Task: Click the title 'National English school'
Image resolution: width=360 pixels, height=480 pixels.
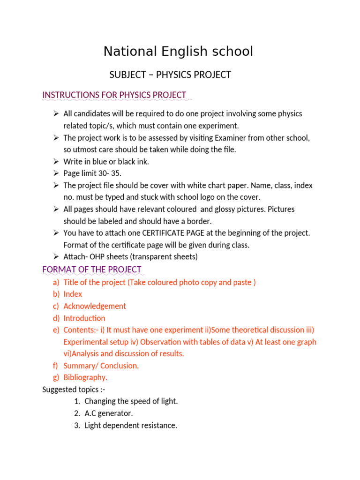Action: tap(178, 51)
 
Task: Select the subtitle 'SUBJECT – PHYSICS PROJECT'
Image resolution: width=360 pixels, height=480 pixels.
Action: tap(170, 75)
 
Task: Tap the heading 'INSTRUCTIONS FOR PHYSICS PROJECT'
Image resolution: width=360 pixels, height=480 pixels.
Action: tap(114, 95)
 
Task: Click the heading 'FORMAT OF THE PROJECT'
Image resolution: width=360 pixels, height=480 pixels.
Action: tap(92, 270)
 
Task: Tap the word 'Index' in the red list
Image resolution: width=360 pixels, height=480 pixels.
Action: tap(73, 294)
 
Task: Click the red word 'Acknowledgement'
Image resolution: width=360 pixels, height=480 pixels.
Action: tap(95, 306)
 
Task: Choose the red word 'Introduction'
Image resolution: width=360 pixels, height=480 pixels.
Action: tap(84, 318)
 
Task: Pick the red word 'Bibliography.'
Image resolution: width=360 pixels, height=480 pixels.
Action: tap(85, 377)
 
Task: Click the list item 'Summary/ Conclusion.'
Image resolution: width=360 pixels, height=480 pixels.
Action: tap(101, 366)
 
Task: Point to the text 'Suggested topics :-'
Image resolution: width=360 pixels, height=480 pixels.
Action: tap(71, 390)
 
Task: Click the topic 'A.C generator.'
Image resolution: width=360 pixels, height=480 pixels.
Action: tap(109, 413)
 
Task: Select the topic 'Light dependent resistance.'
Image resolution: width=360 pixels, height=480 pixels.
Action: tap(131, 426)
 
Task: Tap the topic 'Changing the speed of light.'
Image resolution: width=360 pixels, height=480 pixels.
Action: tap(131, 401)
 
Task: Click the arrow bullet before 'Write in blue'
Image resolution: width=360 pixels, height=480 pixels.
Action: tap(55, 161)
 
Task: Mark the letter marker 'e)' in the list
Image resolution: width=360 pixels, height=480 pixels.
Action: tap(56, 330)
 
